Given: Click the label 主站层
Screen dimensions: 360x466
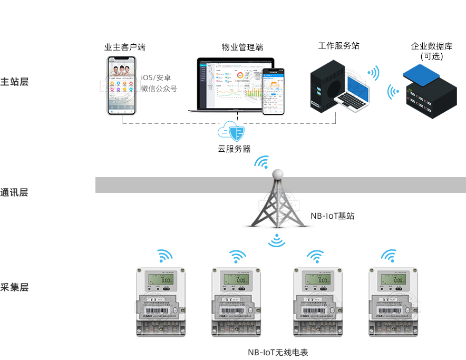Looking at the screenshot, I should (15, 82).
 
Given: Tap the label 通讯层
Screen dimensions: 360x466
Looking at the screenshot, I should (15, 192).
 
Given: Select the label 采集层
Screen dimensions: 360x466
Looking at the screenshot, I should (15, 287).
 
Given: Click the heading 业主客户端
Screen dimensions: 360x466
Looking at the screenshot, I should (125, 47).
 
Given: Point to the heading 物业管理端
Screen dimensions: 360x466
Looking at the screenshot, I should (242, 47).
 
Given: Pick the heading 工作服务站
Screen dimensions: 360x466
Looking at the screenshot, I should (339, 46).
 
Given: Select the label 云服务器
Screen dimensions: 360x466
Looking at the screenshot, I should (234, 149).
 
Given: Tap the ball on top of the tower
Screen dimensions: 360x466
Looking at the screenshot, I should (277, 174).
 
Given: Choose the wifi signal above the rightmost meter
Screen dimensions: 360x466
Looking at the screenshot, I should (389, 257).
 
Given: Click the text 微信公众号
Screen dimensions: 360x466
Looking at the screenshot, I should (159, 89).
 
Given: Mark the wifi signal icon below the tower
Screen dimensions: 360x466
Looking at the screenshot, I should (277, 241).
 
